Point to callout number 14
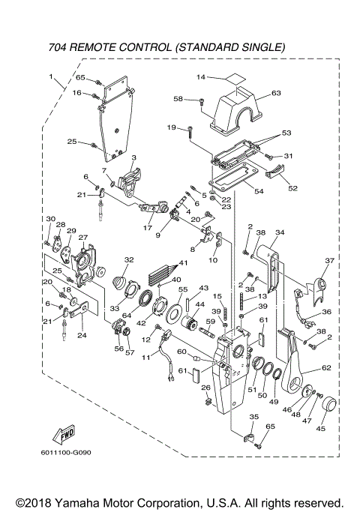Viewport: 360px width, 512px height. (201, 76)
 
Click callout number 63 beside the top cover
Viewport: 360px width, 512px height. (276, 93)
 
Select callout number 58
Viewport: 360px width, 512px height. (178, 98)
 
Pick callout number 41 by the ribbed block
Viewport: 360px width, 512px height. (182, 263)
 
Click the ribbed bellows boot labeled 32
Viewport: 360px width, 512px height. (121, 283)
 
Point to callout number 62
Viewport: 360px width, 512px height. (326, 368)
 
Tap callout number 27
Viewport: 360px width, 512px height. (83, 238)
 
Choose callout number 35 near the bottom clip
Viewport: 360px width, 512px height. (253, 416)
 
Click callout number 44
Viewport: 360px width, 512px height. (199, 304)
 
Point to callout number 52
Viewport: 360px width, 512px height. (292, 188)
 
